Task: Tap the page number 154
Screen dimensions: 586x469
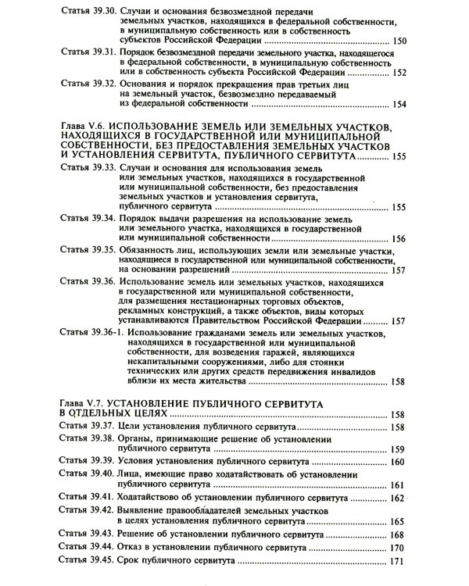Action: (399, 104)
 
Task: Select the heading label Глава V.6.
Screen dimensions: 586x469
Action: (81, 126)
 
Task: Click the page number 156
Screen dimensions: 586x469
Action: (399, 238)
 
